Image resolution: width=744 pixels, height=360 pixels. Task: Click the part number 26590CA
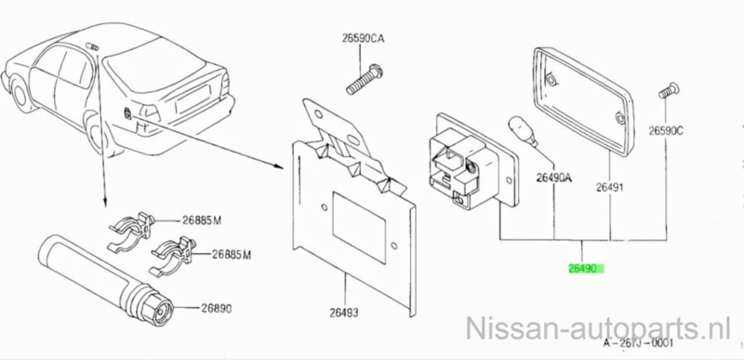[x=363, y=39]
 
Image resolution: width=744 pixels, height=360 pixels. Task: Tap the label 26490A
[x=554, y=178]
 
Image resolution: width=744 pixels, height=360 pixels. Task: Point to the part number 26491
[x=610, y=188]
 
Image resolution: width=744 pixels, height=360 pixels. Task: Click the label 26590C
[x=666, y=131]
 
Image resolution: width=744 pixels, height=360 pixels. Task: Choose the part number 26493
[x=344, y=313]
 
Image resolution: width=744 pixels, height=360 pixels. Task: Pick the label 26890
[x=216, y=309]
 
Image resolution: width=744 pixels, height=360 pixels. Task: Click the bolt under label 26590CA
[x=365, y=80]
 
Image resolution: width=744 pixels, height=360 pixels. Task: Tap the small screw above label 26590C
[x=668, y=89]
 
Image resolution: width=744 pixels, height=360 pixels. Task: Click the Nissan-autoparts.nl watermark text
[x=598, y=327]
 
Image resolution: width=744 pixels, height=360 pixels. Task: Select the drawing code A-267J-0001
[x=638, y=343]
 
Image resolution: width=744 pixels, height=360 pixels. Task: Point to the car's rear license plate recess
[x=193, y=99]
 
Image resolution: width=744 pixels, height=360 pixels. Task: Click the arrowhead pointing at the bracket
[x=279, y=166]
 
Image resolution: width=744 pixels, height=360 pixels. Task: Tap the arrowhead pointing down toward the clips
[x=104, y=203]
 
